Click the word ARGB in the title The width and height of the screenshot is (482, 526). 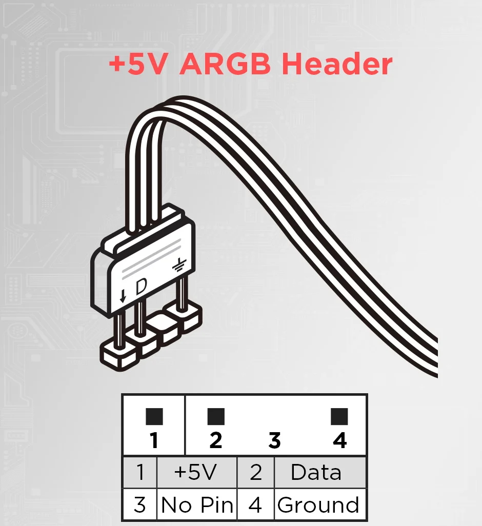click(x=225, y=64)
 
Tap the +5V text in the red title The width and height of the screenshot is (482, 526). click(x=138, y=64)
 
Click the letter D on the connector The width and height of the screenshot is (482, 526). click(x=141, y=287)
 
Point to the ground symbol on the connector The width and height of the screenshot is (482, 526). click(x=179, y=265)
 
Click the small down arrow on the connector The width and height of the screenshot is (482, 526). click(x=123, y=296)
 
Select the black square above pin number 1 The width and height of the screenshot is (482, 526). click(x=154, y=417)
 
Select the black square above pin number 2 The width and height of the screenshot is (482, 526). click(x=216, y=417)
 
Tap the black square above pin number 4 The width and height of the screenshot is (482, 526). click(x=339, y=417)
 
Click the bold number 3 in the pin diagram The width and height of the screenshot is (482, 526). click(x=275, y=440)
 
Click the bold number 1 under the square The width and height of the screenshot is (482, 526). click(x=154, y=440)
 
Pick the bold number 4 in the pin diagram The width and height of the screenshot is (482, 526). click(x=340, y=440)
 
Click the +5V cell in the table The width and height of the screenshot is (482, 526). click(x=197, y=472)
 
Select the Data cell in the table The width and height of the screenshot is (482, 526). click(x=320, y=472)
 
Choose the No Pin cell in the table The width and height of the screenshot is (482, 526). click(x=197, y=504)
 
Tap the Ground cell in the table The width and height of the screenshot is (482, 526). click(x=320, y=504)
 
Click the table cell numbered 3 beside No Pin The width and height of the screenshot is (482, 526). click(x=140, y=504)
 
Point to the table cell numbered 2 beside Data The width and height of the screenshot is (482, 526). click(x=255, y=472)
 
